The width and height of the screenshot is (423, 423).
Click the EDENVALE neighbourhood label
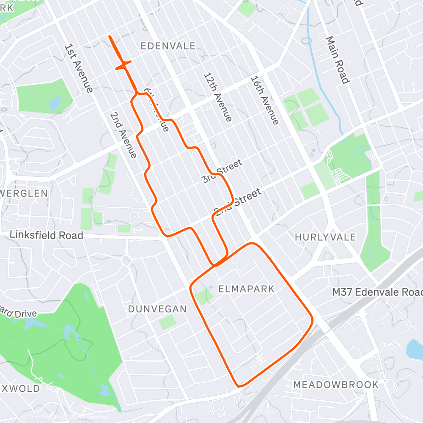coord(168,46)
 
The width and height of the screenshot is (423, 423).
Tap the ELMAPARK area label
coord(246,289)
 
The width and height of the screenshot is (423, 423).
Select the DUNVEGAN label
coord(157,309)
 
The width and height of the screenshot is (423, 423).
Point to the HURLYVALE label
coord(325,237)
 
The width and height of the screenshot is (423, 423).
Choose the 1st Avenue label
coord(78,68)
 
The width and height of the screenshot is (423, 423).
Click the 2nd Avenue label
coord(123,135)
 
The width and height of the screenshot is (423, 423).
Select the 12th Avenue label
coord(217,97)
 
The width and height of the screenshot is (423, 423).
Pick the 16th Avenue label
coord(265,100)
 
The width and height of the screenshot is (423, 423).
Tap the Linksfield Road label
coord(46,235)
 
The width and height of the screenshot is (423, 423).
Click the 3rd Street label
coord(222,171)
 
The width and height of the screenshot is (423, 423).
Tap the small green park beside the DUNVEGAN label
coord(168,322)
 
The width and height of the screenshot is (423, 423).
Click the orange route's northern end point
coord(110,37)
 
